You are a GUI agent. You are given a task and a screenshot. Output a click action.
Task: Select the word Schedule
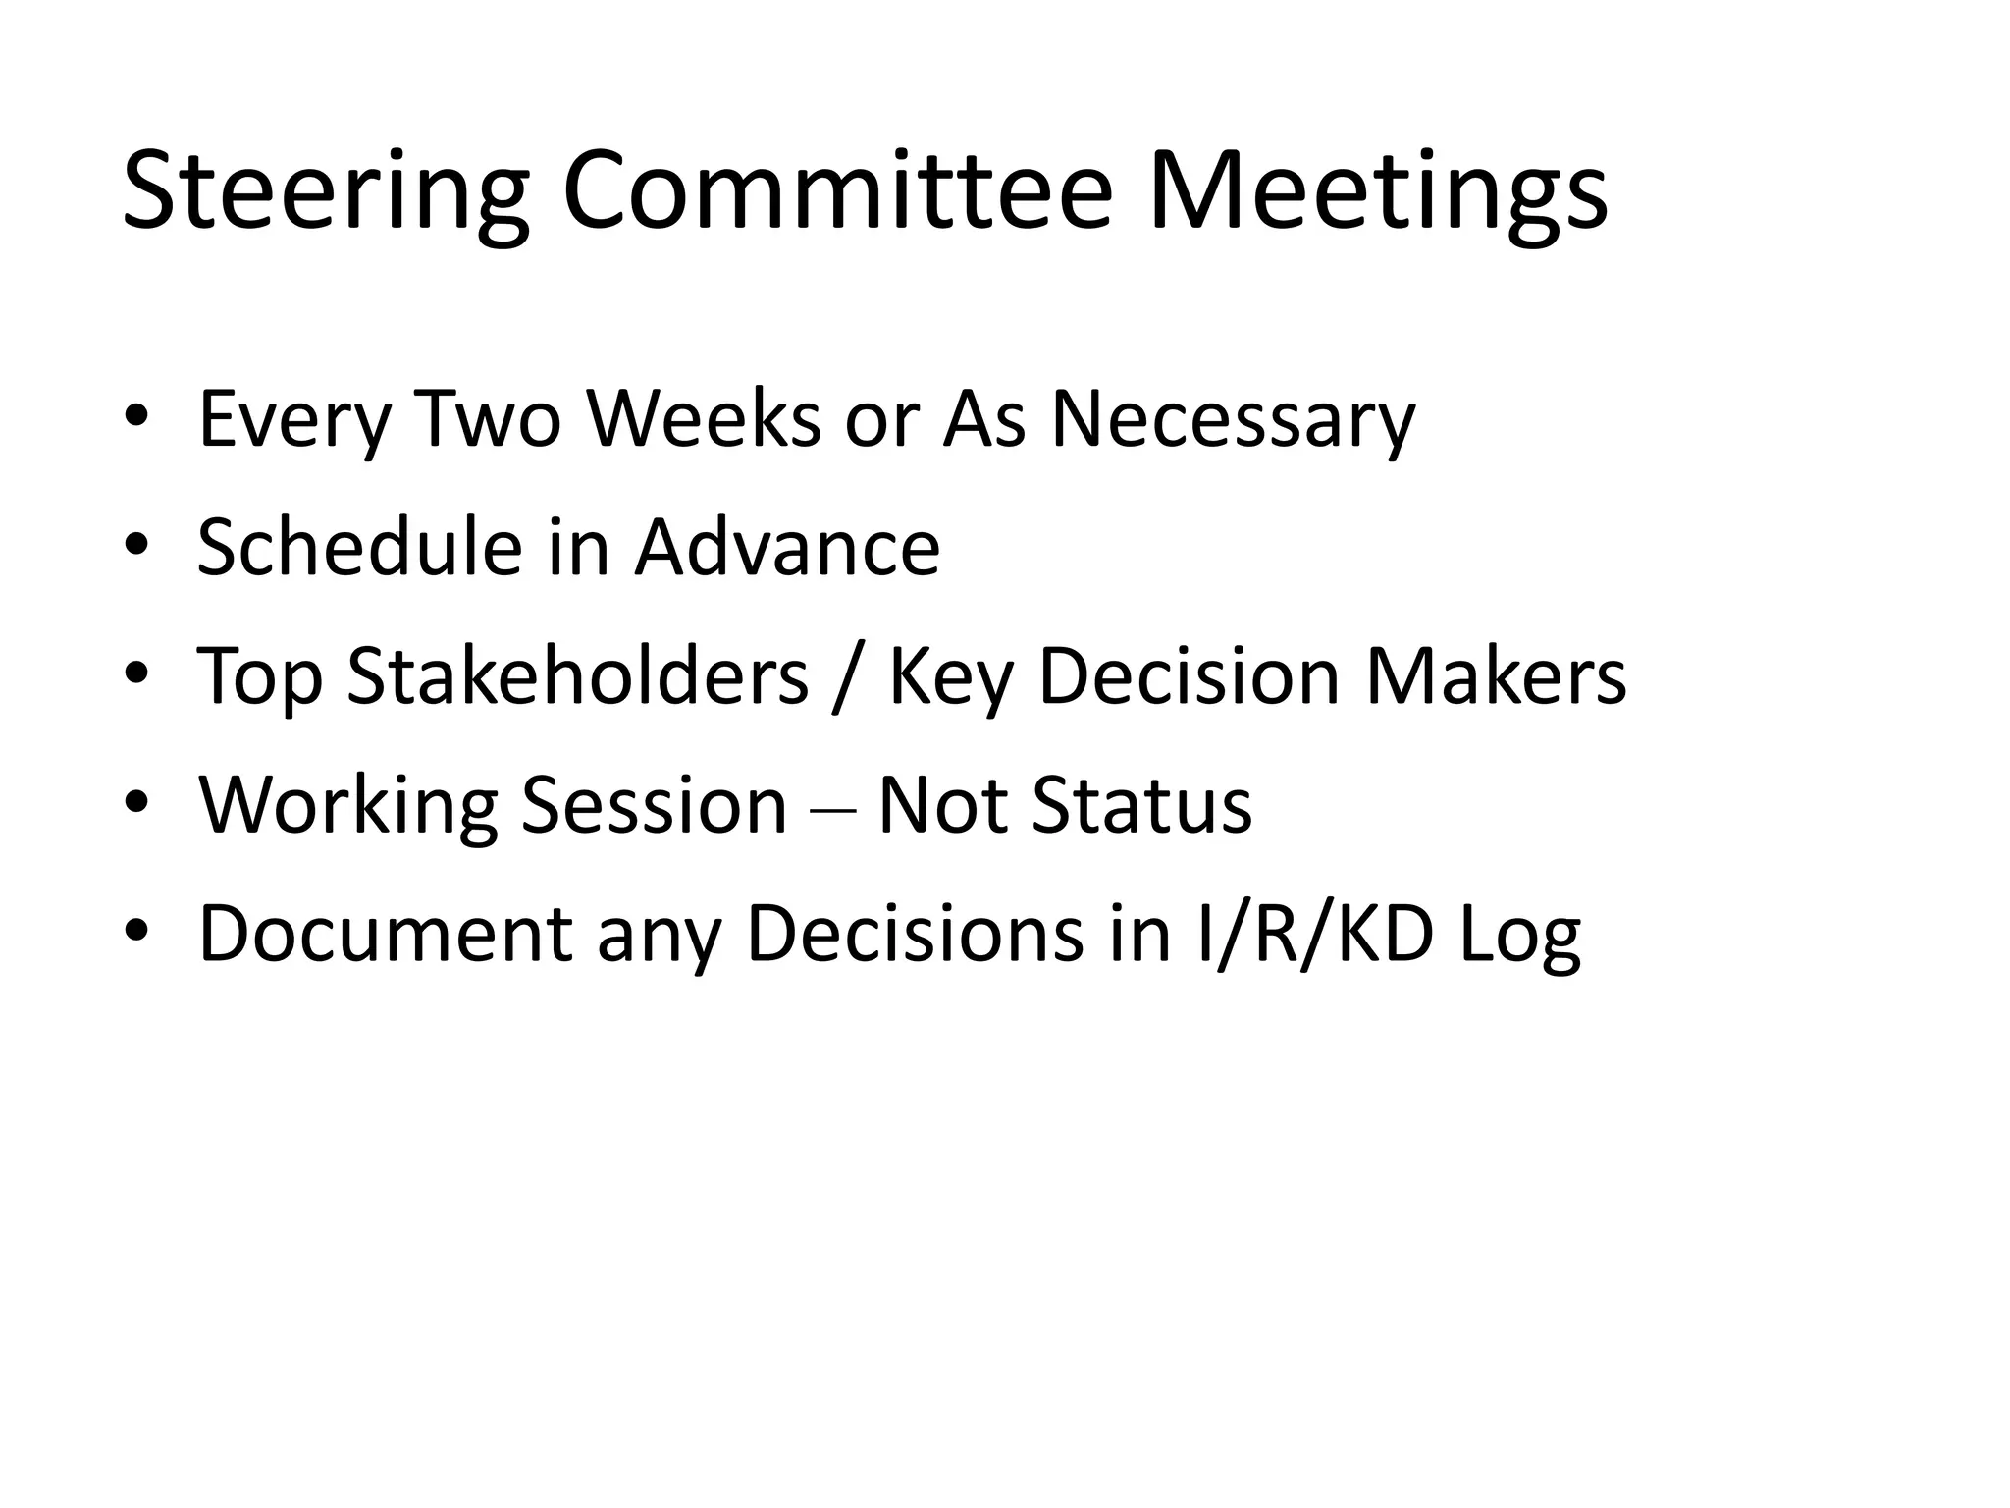coord(359,547)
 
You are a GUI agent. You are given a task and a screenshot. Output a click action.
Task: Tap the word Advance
coord(787,547)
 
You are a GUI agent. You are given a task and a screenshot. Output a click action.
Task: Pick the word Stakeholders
coord(578,676)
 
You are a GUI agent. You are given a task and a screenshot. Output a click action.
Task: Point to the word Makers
coord(1496,676)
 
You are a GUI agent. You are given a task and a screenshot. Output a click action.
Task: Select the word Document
coord(385,934)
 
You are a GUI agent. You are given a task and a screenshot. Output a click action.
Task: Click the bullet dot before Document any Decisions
coord(136,932)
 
